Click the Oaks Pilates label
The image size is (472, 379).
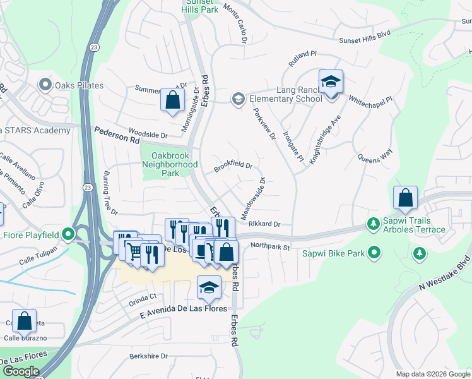coord(79,85)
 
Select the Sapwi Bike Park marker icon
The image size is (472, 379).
coord(375,253)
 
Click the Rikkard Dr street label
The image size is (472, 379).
coord(264,224)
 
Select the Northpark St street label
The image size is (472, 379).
coord(269,246)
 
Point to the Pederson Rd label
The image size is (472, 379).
coord(117,136)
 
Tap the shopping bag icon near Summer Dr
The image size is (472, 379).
coord(172,100)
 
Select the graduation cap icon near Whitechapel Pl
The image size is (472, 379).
coord(331,81)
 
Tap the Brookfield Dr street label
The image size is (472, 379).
coord(233,166)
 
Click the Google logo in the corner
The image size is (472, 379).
coord(21,371)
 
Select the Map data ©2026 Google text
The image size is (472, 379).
coord(433,374)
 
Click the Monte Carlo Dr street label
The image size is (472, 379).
coord(234,27)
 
